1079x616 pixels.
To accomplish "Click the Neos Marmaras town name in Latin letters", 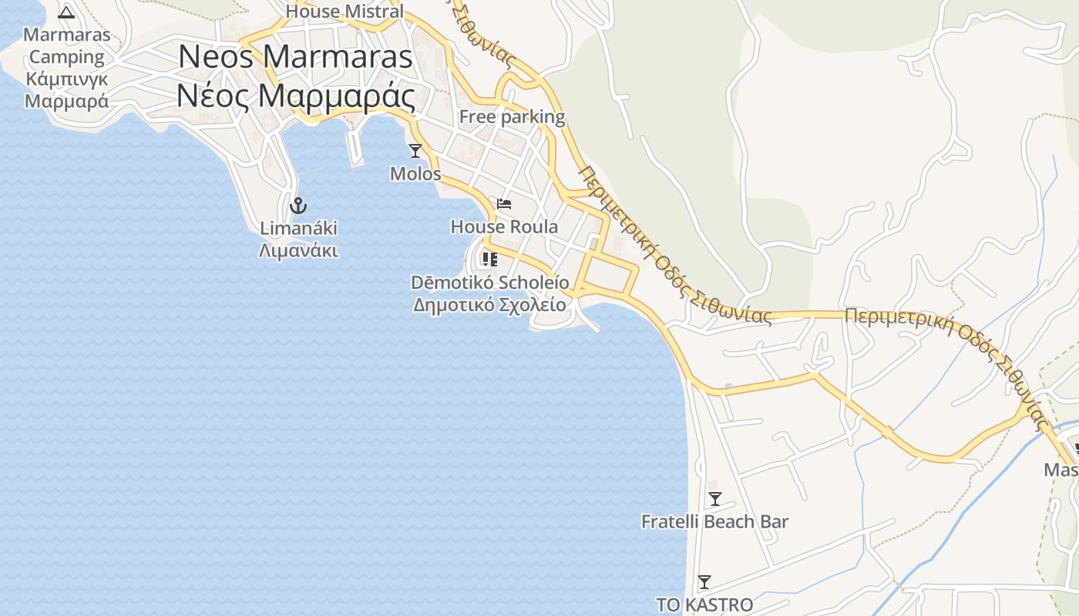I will [x=296, y=58].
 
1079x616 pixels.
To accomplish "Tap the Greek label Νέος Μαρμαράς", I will [x=296, y=96].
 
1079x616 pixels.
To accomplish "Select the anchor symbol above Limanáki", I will [x=298, y=206].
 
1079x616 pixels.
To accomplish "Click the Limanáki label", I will [x=298, y=229].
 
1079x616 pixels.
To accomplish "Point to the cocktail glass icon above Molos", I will [x=415, y=150].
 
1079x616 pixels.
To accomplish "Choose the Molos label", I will [x=415, y=174].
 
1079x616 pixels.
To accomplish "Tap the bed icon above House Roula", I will [x=504, y=204].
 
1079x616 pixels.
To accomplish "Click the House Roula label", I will [x=504, y=227].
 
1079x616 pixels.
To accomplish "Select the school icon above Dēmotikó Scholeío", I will [x=489, y=259].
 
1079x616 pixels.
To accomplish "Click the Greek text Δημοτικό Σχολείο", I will [x=489, y=305].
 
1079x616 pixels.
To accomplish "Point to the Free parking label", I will [x=512, y=117].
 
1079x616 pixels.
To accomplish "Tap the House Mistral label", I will [x=345, y=12].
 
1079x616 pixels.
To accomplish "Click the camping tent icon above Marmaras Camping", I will [x=66, y=12].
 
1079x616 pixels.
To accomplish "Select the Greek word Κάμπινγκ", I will [x=66, y=79].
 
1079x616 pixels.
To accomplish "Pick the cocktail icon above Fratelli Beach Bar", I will [x=714, y=499].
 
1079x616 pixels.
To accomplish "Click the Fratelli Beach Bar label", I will [x=714, y=522].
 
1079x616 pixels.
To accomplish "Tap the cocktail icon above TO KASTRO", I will [x=704, y=582].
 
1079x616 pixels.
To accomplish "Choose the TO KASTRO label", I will [x=704, y=605].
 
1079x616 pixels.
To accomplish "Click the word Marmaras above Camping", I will [x=66, y=35].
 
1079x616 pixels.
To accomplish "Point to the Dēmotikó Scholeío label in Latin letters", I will [x=489, y=283].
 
